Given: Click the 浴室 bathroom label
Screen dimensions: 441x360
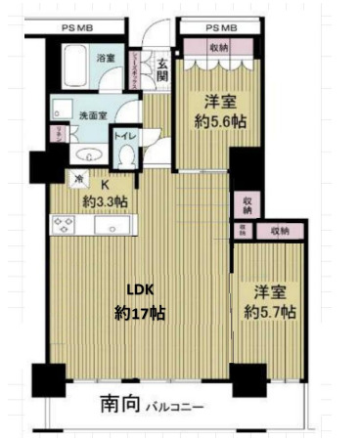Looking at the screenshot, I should click(106, 60).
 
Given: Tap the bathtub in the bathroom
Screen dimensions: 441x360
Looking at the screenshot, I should click(73, 66).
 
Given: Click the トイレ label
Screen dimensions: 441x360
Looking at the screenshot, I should click(125, 136).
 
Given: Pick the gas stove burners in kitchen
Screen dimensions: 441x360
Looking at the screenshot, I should click(66, 225).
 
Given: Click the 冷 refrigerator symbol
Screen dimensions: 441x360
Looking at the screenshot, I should click(79, 179).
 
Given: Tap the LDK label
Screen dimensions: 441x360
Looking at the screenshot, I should click(137, 288).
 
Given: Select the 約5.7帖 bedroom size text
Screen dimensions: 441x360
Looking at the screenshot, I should click(270, 312).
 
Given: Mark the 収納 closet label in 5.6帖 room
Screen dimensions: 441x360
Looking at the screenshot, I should click(220, 47).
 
